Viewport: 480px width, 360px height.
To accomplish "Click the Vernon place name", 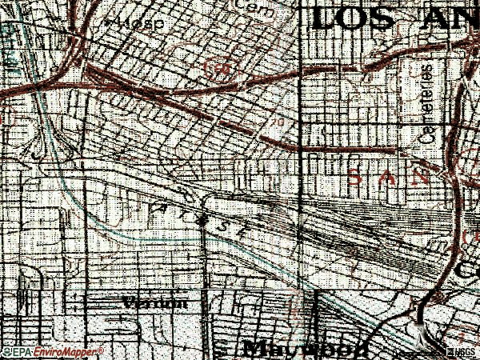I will (x=156, y=303).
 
